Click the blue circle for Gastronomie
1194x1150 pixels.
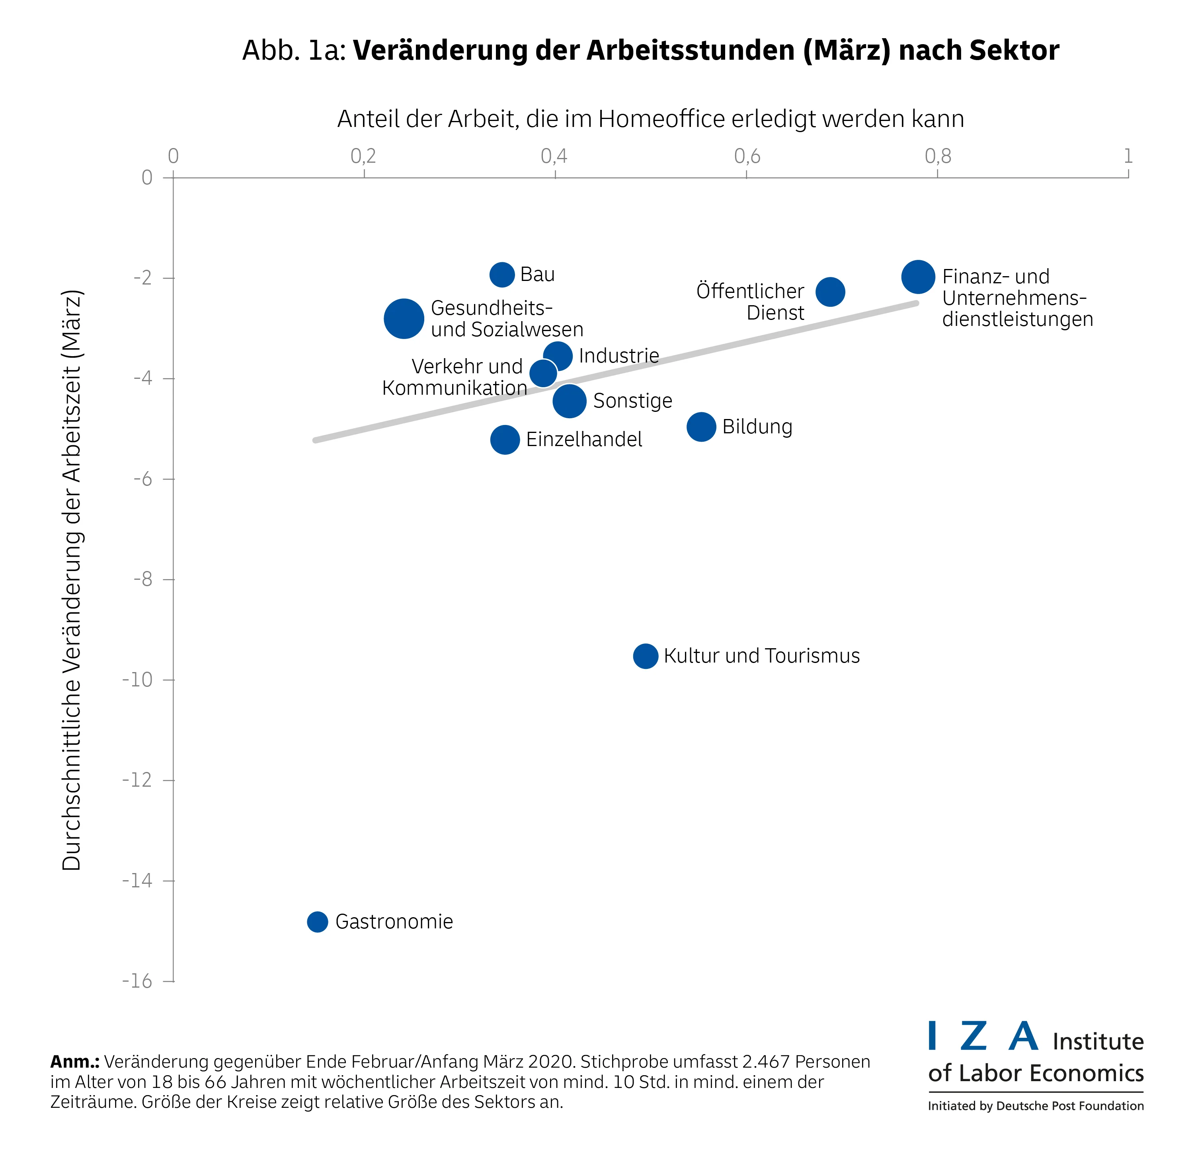317,922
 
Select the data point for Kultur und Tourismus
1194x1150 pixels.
646,656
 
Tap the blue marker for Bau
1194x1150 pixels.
501,275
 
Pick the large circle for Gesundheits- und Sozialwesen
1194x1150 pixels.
403,319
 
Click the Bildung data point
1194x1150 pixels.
701,427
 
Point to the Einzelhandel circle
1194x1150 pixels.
504,439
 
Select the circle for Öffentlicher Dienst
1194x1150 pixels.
830,292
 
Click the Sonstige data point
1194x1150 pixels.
570,401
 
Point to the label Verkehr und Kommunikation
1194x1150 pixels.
455,377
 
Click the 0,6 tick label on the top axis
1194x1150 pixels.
747,156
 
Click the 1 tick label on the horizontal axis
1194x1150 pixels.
1128,156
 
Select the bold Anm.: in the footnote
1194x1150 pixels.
74,1062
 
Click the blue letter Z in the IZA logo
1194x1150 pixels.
974,1036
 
